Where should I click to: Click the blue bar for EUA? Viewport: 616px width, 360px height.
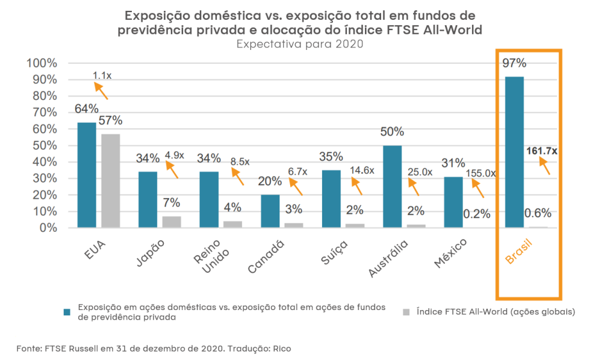click(x=87, y=175)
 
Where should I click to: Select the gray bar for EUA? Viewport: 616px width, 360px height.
click(x=110, y=181)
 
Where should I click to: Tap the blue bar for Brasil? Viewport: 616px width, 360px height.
click(x=514, y=152)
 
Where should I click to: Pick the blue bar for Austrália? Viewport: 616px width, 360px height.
click(x=392, y=186)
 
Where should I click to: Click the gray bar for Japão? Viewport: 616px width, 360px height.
click(x=172, y=222)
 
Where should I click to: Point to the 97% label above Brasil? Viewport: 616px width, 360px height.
click(x=514, y=63)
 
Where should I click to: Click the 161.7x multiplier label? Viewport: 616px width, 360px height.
click(x=541, y=151)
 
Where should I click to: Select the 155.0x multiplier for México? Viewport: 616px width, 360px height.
click(x=481, y=173)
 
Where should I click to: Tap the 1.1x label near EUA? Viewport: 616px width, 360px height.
click(x=102, y=75)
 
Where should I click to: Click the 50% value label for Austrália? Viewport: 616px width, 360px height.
click(x=392, y=132)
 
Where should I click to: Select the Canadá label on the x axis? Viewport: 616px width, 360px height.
click(x=267, y=255)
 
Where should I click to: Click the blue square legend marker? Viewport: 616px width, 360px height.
click(x=68, y=312)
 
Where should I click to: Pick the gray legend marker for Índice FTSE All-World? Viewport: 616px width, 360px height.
click(x=406, y=312)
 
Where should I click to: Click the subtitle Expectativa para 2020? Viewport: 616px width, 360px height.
click(x=299, y=45)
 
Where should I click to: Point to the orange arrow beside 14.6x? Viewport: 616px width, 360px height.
click(x=355, y=185)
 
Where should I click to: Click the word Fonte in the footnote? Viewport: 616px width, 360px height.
click(x=29, y=348)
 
